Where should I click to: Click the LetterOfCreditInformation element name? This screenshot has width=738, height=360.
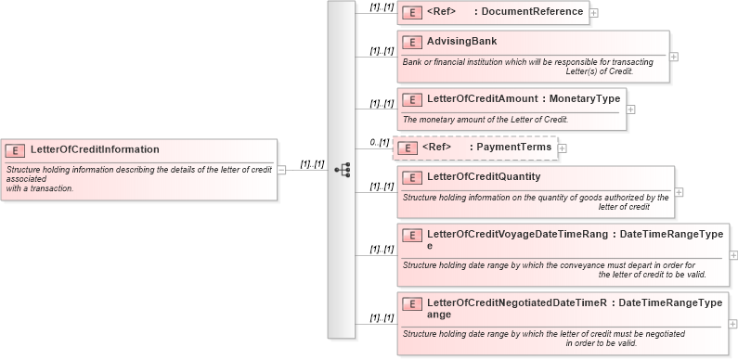click(95, 148)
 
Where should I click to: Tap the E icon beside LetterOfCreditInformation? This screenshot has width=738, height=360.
click(15, 149)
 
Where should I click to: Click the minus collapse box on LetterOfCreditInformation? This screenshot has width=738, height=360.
click(281, 170)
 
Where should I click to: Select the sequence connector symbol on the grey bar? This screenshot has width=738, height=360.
click(342, 170)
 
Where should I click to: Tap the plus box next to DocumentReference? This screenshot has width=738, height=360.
click(594, 13)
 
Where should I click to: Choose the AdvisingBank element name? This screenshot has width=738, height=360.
click(461, 42)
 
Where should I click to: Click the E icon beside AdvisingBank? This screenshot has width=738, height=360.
click(411, 43)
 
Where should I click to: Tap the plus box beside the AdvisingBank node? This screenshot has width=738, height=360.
click(674, 57)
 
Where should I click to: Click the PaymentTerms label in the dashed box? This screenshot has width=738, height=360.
click(507, 148)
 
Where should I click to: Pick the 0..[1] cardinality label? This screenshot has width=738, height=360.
click(379, 142)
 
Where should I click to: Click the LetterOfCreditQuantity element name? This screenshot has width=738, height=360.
click(483, 176)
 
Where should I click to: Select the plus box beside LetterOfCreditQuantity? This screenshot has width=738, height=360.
click(679, 192)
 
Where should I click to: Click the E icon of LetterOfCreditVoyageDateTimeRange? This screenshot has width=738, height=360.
click(411, 236)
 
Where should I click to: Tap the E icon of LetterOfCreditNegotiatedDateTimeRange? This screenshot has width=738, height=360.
click(411, 303)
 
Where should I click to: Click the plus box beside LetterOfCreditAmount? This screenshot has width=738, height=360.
click(631, 109)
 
